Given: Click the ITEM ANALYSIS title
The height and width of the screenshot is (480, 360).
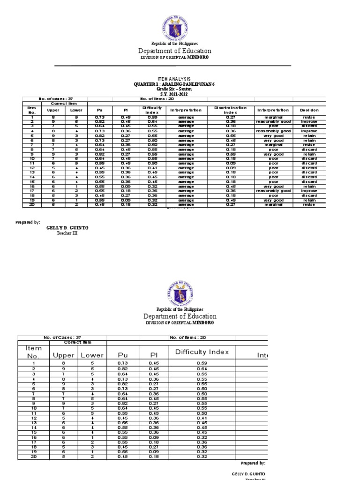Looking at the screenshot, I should tap(173, 79).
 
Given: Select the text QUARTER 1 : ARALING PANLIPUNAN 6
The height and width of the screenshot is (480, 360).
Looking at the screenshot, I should tap(173, 84).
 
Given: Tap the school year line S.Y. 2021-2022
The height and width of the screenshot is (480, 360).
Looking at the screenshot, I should tap(173, 94).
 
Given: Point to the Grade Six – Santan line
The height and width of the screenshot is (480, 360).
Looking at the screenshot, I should tap(173, 89).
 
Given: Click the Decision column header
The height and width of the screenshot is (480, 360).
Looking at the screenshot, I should tap(309, 110).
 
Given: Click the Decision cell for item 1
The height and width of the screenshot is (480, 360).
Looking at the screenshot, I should tap(309, 117).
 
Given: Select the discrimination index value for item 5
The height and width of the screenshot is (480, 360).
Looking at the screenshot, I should tap(231, 135).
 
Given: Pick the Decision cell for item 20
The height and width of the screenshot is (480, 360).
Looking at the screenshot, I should tap(309, 204).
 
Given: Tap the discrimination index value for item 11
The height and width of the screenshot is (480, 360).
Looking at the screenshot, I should tap(231, 163).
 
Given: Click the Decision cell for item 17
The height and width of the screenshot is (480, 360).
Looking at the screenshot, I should tap(309, 191).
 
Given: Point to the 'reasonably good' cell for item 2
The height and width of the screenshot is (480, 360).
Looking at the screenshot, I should tap(274, 121).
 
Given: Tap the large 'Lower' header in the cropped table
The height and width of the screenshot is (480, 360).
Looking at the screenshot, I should tap(92, 356).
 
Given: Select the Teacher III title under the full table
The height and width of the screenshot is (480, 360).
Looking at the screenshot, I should tap(67, 233).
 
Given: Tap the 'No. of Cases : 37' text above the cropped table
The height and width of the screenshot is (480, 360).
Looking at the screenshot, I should tap(62, 337).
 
